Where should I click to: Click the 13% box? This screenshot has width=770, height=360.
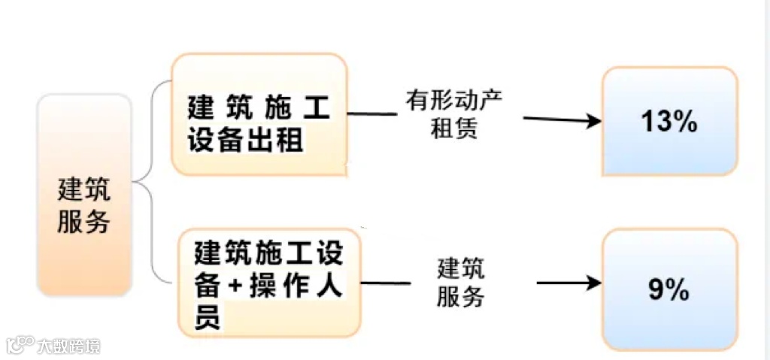click(669, 121)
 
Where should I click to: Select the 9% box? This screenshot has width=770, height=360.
click(669, 289)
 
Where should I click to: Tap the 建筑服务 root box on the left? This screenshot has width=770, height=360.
click(84, 195)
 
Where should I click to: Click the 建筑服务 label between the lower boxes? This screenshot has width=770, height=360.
click(460, 283)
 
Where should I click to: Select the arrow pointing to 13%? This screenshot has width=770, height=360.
click(561, 119)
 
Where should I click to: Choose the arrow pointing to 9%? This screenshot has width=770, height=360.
click(568, 283)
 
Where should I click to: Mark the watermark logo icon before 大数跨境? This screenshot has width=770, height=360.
click(23, 345)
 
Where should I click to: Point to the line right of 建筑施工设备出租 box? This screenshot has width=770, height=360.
click(371, 114)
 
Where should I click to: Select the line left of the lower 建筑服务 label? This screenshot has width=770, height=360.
click(387, 283)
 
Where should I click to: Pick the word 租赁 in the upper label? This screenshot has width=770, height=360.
click(454, 129)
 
